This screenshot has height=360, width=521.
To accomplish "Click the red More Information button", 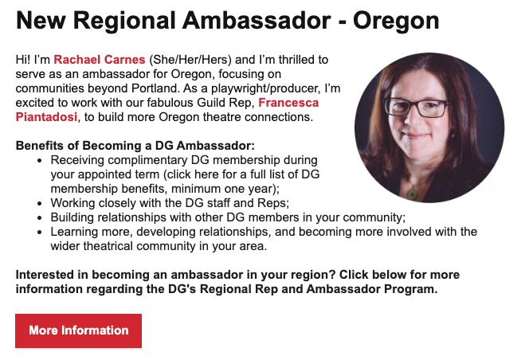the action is [78, 331].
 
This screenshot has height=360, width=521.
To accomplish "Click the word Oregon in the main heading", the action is [396, 22].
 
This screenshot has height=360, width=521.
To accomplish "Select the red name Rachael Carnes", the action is [100, 60].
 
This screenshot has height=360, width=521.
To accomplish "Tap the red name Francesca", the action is [288, 103].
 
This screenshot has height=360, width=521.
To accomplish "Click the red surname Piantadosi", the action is [46, 117].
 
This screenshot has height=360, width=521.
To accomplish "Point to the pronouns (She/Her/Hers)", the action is [190, 60].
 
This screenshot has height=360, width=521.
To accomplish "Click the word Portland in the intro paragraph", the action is [154, 88].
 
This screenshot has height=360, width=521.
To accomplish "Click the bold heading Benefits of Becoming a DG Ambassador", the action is [135, 146].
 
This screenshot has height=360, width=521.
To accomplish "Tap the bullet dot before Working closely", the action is [40, 204].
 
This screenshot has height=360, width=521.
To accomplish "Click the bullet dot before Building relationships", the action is [40, 218].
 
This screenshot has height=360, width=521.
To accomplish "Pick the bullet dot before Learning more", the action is [40, 233].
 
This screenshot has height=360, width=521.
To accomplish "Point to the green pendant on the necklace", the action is [413, 194].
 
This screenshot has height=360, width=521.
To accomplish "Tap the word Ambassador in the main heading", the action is [257, 21].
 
